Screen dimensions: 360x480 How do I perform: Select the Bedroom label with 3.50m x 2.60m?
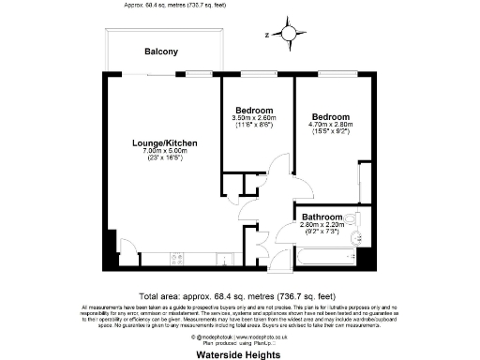[254, 109]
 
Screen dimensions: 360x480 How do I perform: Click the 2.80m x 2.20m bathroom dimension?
[322, 225]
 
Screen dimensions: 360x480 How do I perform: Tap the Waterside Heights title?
[240, 355]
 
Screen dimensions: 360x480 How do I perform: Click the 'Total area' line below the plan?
[240, 292]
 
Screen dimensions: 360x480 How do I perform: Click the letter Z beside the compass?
[267, 35]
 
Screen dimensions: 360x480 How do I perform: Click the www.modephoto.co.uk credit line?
[240, 335]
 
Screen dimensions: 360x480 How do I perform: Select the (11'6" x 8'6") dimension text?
[254, 125]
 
